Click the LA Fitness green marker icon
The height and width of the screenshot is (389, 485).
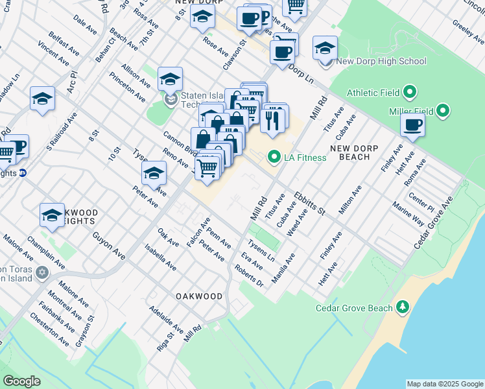274,157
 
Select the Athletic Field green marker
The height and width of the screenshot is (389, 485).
410,93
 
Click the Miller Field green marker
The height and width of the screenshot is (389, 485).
444,111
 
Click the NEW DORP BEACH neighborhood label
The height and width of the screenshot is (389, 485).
359,152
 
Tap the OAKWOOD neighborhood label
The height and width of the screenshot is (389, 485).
199,296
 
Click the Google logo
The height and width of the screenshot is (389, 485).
21,381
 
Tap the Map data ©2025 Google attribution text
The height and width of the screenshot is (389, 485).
444,384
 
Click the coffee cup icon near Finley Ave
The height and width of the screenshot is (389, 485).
412,125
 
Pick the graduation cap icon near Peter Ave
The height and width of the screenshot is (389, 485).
154,173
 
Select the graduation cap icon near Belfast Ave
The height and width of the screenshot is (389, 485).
42,99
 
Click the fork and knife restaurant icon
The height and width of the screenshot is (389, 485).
273,119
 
